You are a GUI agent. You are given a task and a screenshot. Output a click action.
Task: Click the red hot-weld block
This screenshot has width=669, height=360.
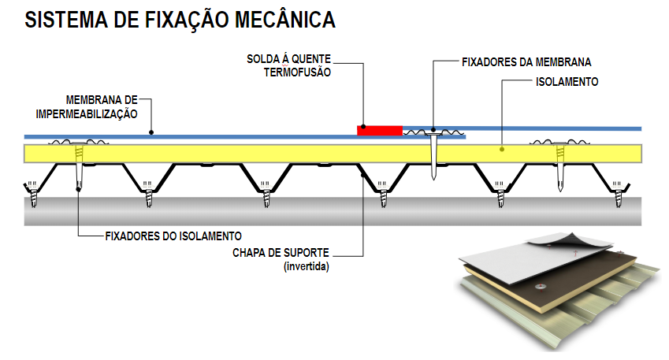coord(380,130)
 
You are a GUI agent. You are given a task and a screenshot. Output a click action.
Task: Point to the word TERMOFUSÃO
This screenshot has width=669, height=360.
coord(298,72)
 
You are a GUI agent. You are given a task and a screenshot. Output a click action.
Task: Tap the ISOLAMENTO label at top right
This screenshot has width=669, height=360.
coord(567,81)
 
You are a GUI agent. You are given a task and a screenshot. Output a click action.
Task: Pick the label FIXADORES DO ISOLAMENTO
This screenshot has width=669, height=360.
coord(172,236)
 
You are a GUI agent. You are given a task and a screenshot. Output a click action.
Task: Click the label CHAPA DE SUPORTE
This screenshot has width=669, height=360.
coord(281,254)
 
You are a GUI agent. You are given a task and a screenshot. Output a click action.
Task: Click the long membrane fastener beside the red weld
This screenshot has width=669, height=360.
coord(433,156)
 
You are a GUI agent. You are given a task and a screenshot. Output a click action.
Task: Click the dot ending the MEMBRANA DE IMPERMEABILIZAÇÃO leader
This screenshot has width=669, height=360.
coord(152,132)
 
